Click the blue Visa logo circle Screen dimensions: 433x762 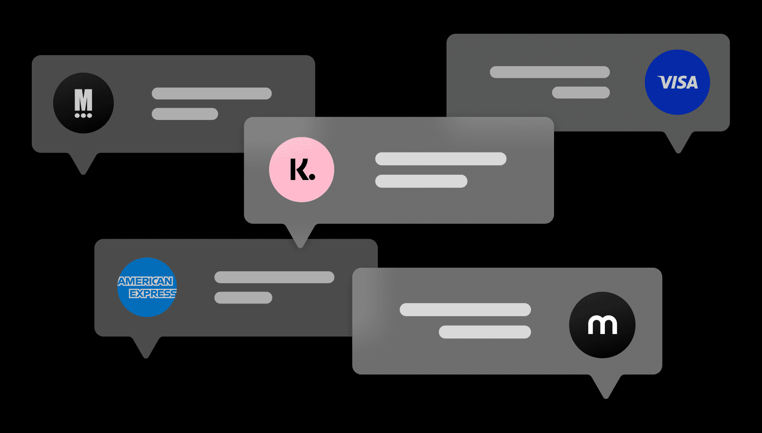click(x=677, y=82)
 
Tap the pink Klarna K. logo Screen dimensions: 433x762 click(x=302, y=170)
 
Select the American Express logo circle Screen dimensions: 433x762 click(x=147, y=287)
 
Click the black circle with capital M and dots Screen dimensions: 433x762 click(x=83, y=103)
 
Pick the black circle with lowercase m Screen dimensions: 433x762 click(x=602, y=325)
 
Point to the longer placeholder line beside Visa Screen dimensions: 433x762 click(x=550, y=72)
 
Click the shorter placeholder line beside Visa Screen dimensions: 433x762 click(x=581, y=93)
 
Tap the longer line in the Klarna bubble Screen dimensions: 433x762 click(x=441, y=159)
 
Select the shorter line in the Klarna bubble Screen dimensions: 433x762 click(x=421, y=181)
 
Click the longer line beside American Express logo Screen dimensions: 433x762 click(x=274, y=277)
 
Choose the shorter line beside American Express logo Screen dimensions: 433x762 click(x=243, y=298)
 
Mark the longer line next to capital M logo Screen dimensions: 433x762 click(x=212, y=94)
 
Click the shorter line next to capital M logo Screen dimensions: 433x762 click(x=185, y=114)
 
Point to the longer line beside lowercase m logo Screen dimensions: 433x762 click(x=465, y=309)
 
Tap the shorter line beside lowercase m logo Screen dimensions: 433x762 click(x=485, y=332)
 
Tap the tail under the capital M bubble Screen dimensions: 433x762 click(x=83, y=162)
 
